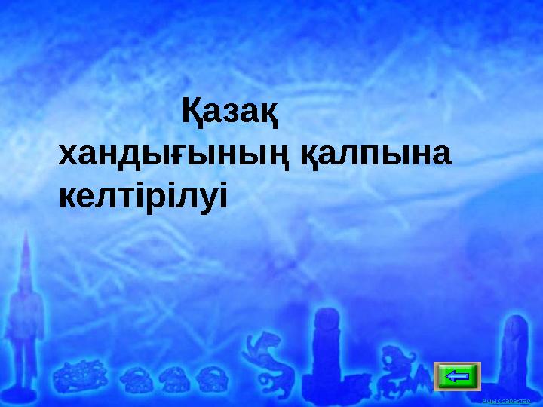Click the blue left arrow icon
point(457,375)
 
